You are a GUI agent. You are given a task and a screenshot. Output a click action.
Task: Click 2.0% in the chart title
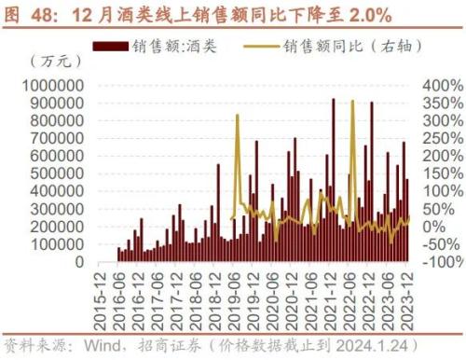point(364,14)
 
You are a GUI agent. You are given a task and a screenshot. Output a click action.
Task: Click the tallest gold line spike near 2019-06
point(238,116)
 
